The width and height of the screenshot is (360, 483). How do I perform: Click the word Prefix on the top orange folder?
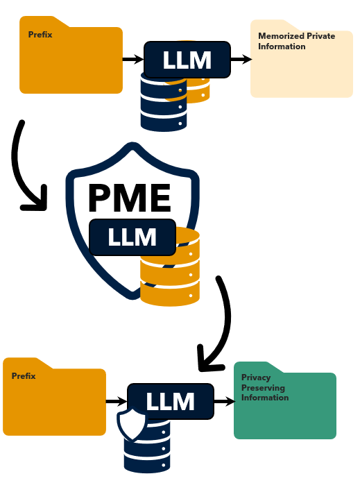pos(40,35)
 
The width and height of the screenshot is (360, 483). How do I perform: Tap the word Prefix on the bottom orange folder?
pos(24,376)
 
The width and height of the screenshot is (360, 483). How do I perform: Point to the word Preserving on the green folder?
pos(263,388)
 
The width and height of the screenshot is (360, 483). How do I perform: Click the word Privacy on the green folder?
pos(256,378)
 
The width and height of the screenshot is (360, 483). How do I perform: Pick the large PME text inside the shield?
pos(129,198)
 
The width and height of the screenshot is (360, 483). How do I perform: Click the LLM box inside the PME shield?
pos(132,237)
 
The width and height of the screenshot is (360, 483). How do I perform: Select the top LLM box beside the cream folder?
pos(187,60)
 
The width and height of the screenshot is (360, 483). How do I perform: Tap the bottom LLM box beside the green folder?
pos(171,401)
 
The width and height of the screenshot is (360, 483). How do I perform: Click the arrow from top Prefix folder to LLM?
pos(133,59)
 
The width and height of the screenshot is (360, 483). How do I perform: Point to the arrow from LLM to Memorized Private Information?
pos(241,59)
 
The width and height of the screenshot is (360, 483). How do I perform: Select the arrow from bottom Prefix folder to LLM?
pos(117,401)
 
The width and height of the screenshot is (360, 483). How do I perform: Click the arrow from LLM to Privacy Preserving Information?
pos(225,401)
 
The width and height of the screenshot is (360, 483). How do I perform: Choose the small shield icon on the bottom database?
pos(132,423)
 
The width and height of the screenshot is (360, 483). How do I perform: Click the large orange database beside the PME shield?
pos(170,266)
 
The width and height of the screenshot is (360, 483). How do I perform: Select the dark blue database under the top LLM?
pos(164,101)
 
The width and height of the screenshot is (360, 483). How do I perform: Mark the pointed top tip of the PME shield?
pos(132,143)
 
